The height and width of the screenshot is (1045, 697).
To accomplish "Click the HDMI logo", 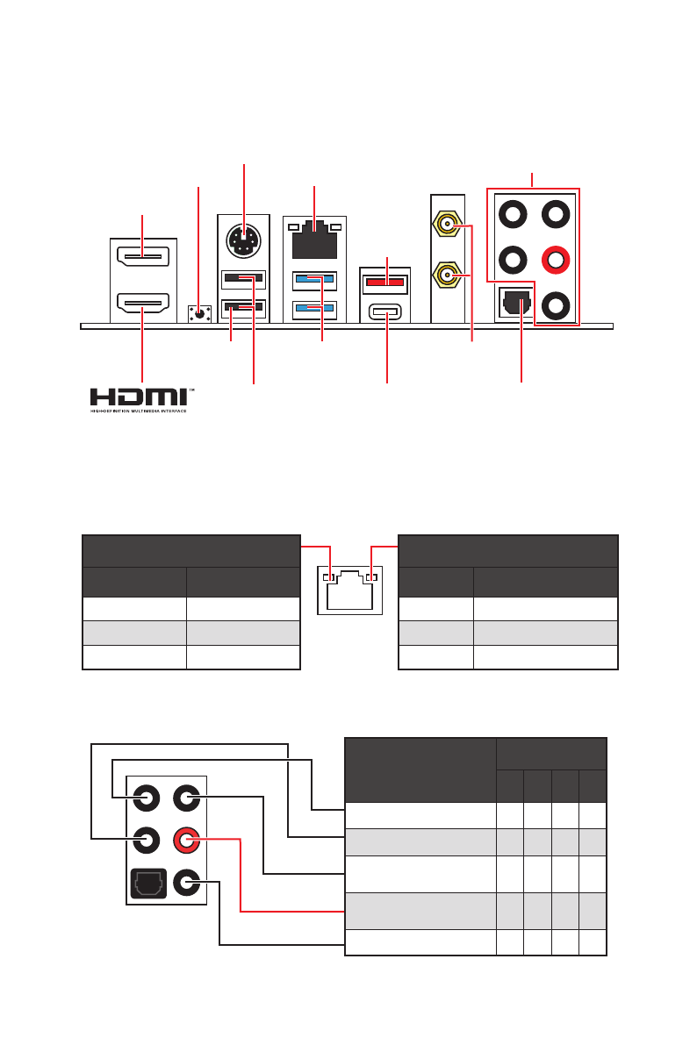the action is tap(140, 397).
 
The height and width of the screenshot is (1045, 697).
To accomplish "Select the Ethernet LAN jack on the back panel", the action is tap(314, 240).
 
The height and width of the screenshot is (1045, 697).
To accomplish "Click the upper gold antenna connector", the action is tap(447, 225).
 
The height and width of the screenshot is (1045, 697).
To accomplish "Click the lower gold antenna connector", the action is tap(447, 276).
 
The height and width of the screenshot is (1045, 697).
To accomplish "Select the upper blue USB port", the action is tap(315, 281).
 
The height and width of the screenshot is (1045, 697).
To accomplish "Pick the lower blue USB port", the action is tap(315, 309).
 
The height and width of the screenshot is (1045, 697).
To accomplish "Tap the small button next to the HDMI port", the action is tap(200, 312).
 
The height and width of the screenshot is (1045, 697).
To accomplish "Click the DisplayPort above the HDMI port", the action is tap(143, 257).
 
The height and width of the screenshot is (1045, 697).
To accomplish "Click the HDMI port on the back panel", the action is tap(143, 306).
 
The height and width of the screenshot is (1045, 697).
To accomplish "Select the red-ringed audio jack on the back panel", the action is tap(555, 260).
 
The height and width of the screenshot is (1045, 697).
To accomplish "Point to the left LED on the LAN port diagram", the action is tap(330, 578).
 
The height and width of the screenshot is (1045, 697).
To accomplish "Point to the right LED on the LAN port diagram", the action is tap(371, 578).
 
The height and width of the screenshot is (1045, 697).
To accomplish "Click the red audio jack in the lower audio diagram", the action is tap(185, 841).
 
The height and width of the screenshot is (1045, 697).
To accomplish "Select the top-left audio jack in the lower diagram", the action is tap(147, 798).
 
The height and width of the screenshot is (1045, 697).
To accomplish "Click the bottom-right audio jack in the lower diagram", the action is tap(185, 882).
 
